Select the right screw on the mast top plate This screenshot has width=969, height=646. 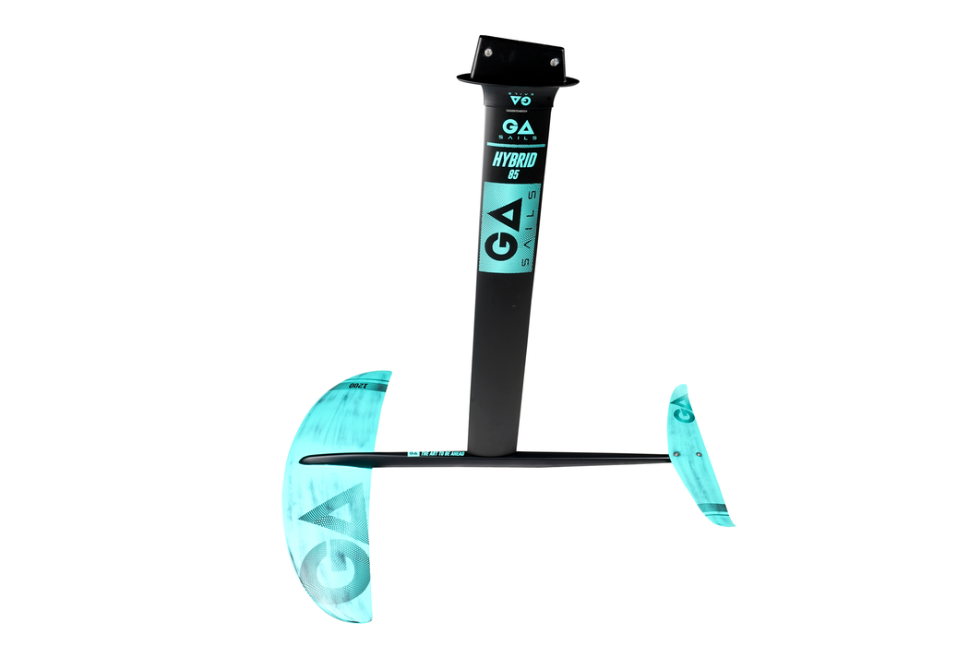(555, 63)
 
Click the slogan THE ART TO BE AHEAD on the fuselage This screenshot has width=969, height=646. (447, 454)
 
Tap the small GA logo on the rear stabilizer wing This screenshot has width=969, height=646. (684, 406)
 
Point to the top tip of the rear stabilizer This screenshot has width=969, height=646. (676, 387)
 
